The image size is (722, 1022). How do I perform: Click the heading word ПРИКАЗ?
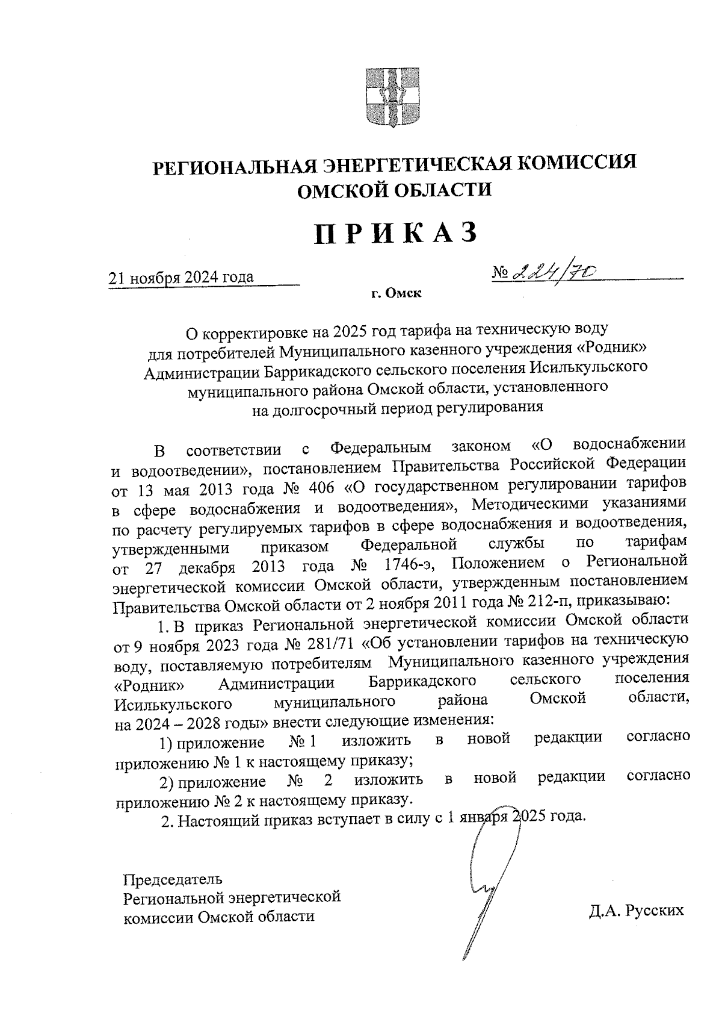click(x=396, y=234)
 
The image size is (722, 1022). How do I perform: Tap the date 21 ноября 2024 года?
click(x=180, y=278)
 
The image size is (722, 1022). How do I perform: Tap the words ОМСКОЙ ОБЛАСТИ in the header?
click(x=395, y=190)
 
